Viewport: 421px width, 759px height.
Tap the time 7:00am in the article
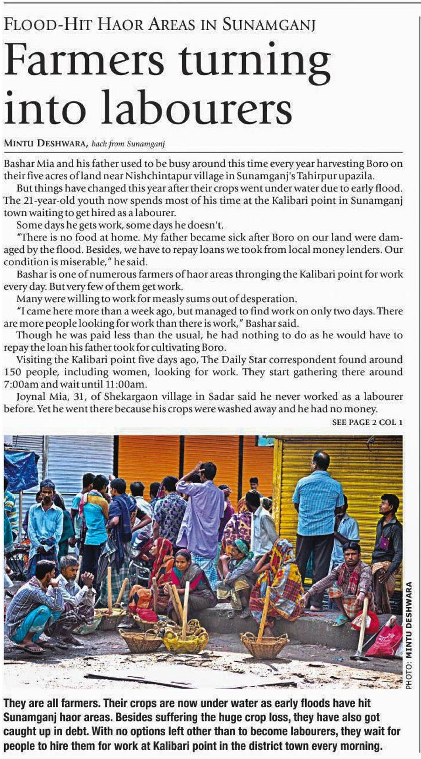(18, 384)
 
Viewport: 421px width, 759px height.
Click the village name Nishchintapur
(155, 176)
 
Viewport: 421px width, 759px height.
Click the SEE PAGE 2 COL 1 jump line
(367, 422)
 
